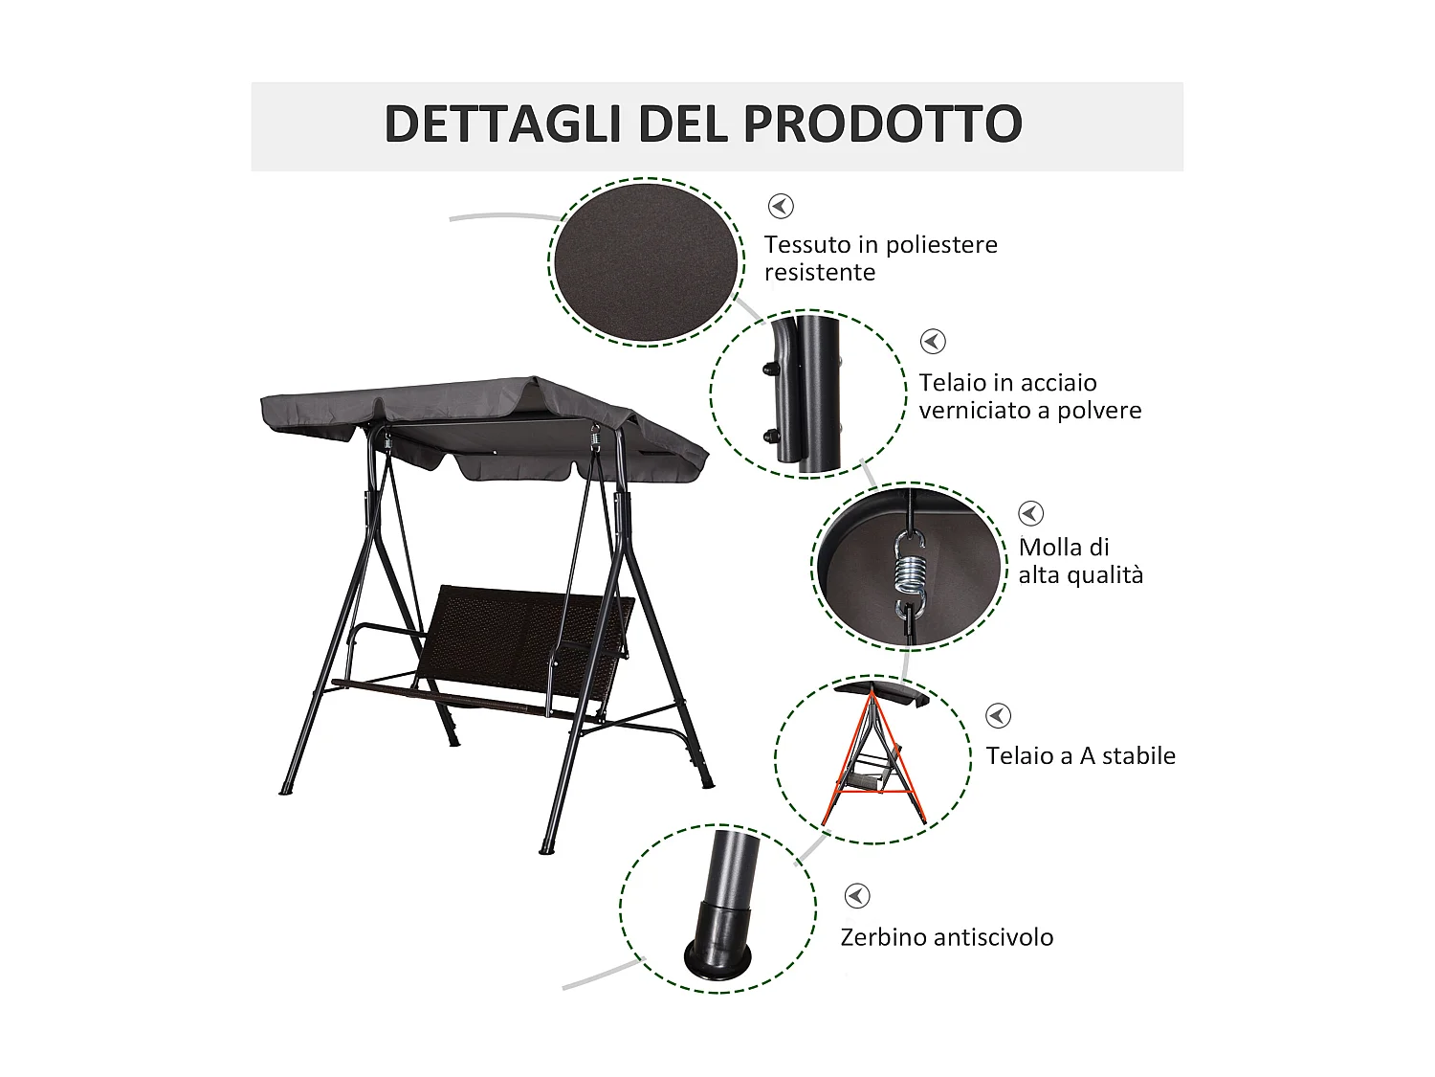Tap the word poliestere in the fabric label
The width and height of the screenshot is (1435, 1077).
tap(942, 245)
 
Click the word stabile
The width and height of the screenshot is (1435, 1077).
tap(1138, 756)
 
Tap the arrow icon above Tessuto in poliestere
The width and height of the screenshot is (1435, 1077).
tap(782, 206)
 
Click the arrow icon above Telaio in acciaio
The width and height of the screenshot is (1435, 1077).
tap(933, 342)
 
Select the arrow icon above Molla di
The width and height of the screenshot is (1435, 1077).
tap(1030, 513)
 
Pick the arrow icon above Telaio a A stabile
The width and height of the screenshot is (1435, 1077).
tap(998, 716)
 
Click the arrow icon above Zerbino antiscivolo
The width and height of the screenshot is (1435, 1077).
tap(856, 896)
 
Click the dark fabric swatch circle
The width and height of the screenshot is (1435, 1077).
tap(648, 261)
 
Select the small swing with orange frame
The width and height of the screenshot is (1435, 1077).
tap(872, 756)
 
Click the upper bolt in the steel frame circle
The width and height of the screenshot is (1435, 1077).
tap(769, 367)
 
